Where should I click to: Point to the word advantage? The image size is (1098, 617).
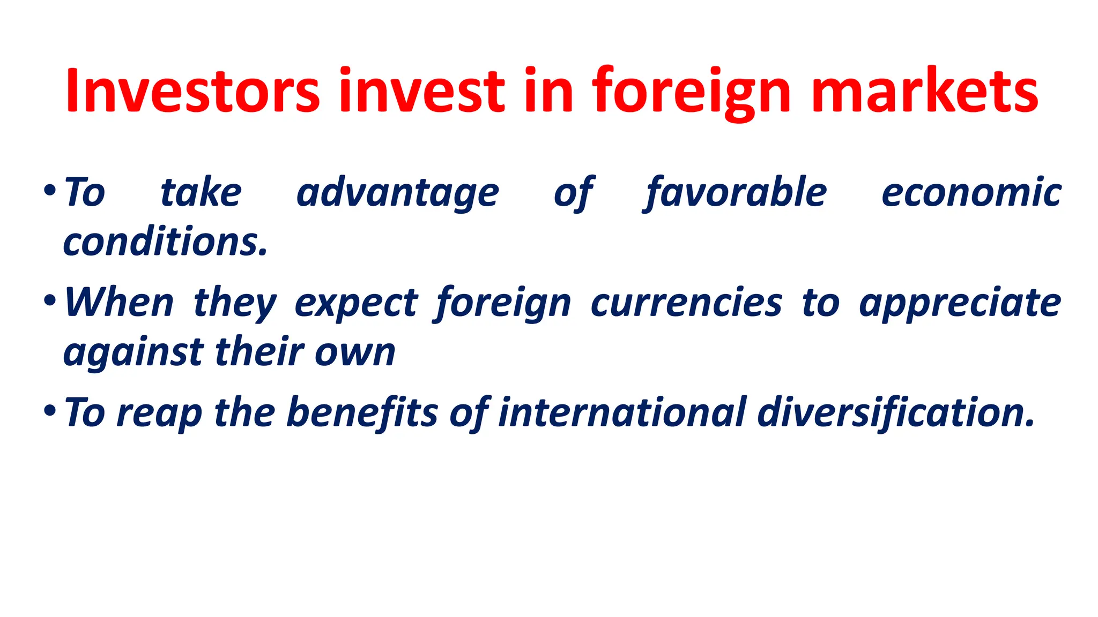click(x=398, y=193)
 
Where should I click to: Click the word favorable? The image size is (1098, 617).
click(x=736, y=193)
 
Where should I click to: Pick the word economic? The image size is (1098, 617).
click(x=971, y=193)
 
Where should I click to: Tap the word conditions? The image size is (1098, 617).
click(x=165, y=242)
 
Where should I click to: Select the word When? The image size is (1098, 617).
click(x=119, y=303)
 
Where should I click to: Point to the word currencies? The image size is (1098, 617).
click(x=686, y=303)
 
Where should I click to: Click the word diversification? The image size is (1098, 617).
click(x=895, y=413)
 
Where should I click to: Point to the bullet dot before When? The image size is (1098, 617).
click(x=49, y=300)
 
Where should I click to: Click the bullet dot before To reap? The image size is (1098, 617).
click(x=49, y=411)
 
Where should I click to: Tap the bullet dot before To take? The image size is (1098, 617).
click(x=49, y=190)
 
